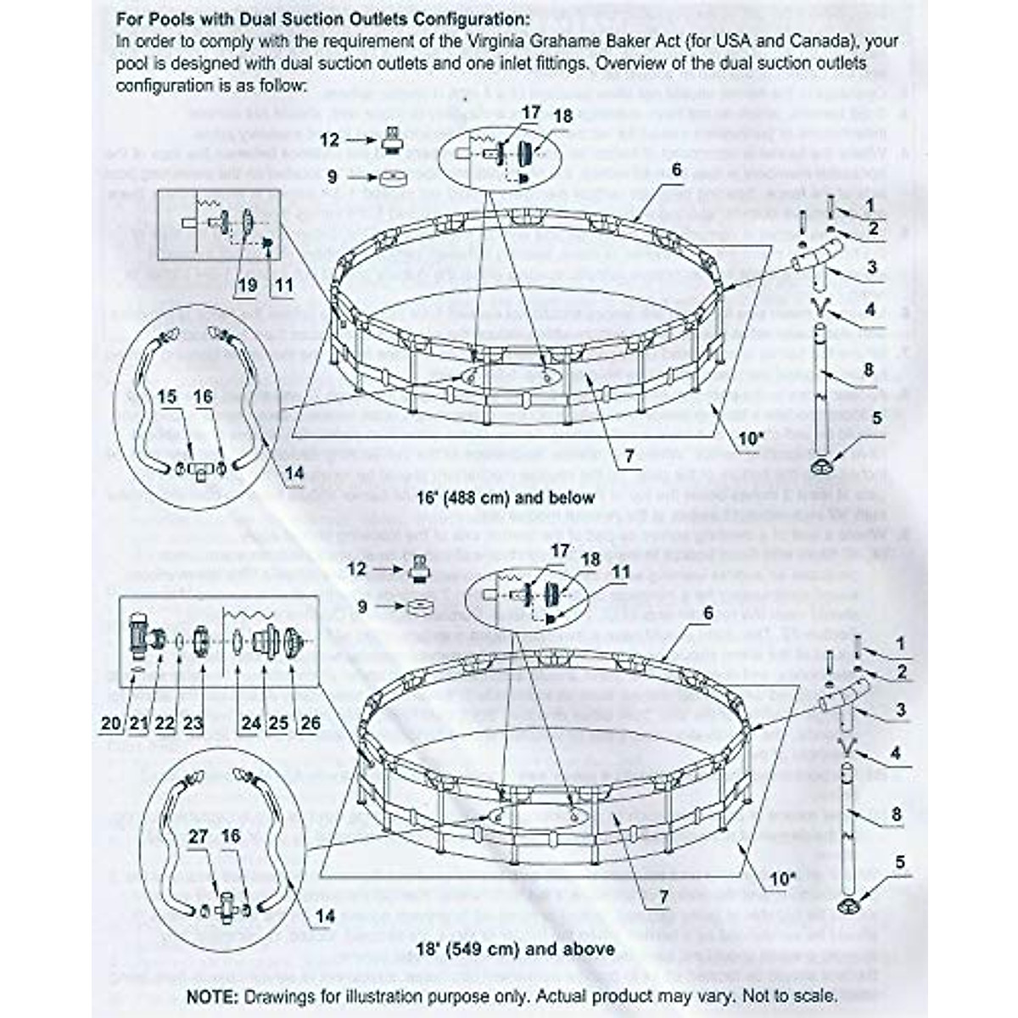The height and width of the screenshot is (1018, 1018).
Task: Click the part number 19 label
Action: tap(247, 285)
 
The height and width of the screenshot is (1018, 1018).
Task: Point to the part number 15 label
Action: tap(167, 397)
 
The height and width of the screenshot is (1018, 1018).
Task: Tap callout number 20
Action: tap(111, 723)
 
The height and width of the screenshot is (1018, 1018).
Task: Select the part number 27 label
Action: tap(199, 836)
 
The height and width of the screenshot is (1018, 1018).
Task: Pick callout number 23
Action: tap(193, 723)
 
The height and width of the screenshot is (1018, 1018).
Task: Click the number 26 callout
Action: tap(310, 723)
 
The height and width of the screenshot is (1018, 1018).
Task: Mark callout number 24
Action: tap(250, 723)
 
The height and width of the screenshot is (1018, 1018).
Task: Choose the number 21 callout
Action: tap(138, 723)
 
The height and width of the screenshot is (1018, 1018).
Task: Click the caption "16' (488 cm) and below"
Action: tap(506, 497)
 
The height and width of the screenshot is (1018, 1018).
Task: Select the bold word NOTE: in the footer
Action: tap(214, 995)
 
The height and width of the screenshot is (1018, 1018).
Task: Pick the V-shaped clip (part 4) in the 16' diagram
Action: tap(819, 309)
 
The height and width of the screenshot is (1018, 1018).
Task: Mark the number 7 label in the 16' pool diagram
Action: tap(629, 456)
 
